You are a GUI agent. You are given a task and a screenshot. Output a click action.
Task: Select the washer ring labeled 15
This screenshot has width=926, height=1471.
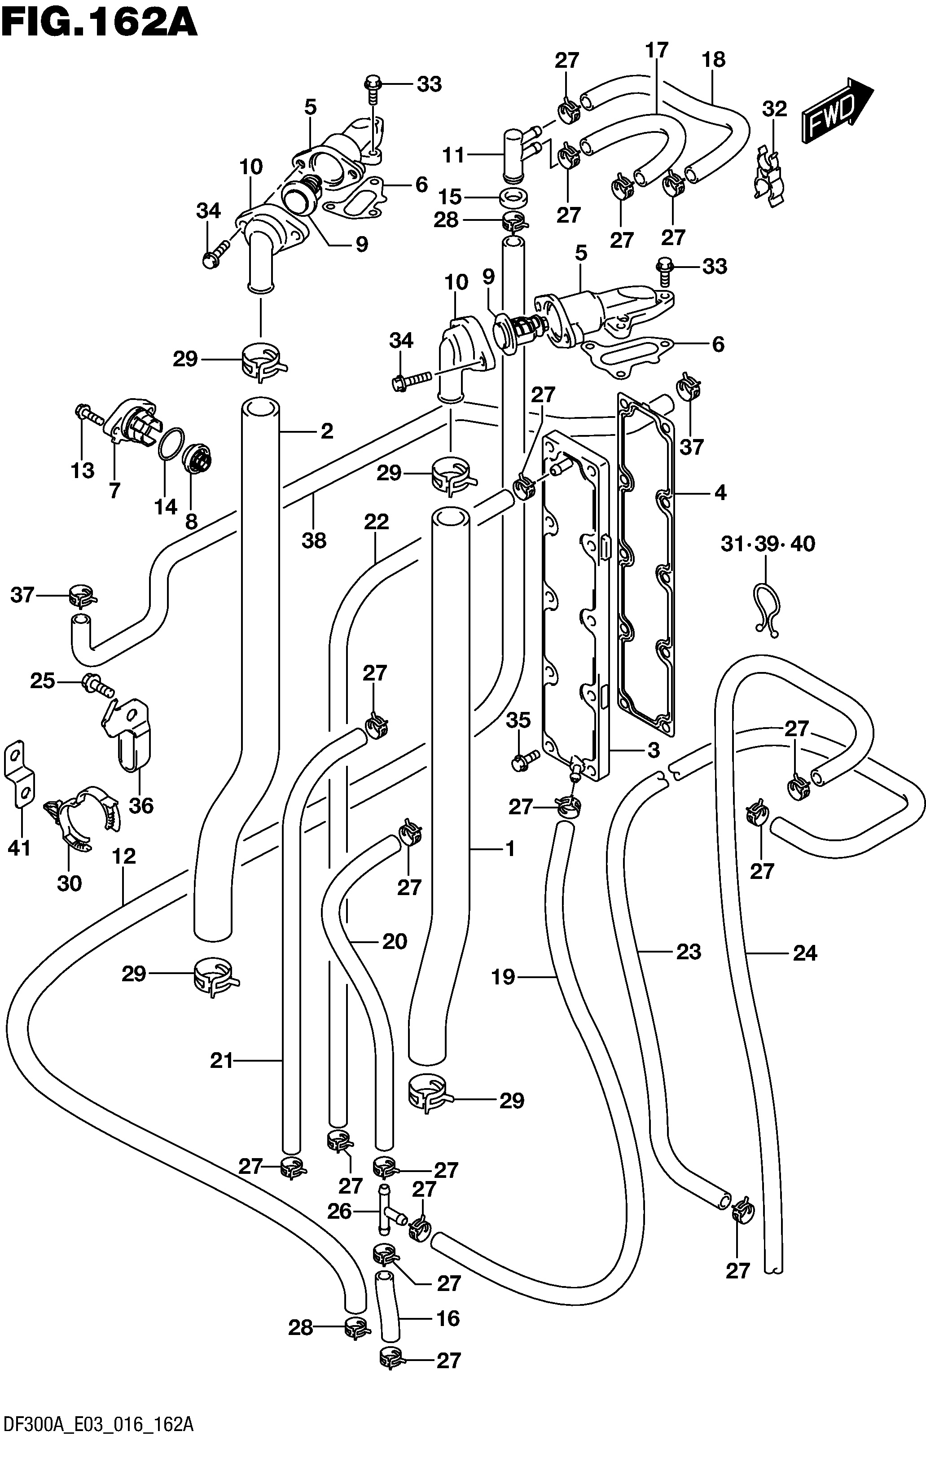pyautogui.click(x=513, y=198)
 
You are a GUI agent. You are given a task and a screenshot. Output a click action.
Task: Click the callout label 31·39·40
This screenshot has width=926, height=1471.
pyautogui.click(x=768, y=543)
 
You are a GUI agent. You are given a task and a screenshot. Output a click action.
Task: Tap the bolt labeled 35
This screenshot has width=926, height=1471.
pyautogui.click(x=525, y=760)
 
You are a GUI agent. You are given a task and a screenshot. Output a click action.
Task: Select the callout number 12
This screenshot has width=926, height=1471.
pyautogui.click(x=123, y=856)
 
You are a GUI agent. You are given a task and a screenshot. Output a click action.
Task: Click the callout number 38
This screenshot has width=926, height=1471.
pyautogui.click(x=314, y=540)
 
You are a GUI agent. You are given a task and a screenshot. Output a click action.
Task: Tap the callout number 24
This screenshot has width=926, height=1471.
pyautogui.click(x=804, y=953)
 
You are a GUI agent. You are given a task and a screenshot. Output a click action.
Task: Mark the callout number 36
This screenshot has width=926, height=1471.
pyautogui.click(x=141, y=806)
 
